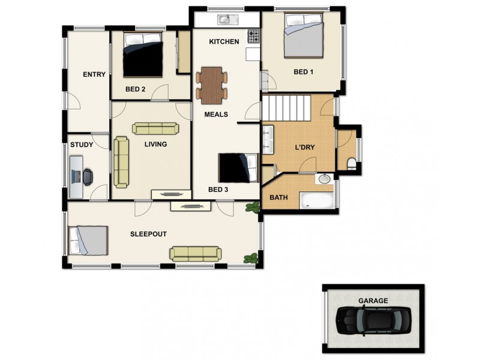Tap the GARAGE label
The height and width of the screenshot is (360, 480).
[x=373, y=301]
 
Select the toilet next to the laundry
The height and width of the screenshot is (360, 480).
[x=352, y=164]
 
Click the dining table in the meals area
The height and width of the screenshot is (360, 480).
[x=211, y=85]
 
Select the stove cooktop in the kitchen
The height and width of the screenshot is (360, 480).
[x=254, y=35]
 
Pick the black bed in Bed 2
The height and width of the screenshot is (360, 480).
[x=143, y=55]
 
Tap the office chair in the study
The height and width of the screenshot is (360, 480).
[x=88, y=176]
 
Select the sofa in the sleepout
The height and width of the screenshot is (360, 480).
[x=195, y=253]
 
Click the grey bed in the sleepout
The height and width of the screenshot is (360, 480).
[x=88, y=240]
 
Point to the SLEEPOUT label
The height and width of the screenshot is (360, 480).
[x=148, y=233]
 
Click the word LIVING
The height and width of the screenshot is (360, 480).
[x=155, y=144]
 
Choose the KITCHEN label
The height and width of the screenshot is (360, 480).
[x=224, y=41]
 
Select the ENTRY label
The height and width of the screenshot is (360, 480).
[x=94, y=74]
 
